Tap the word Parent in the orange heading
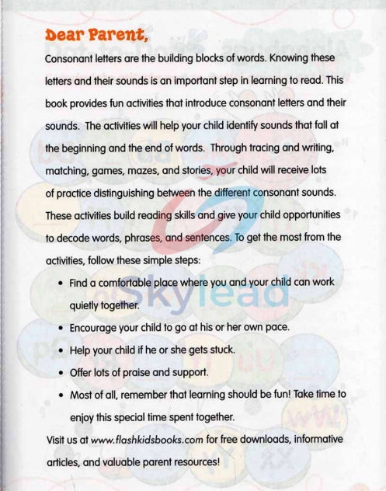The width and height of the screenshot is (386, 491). [116, 36]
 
